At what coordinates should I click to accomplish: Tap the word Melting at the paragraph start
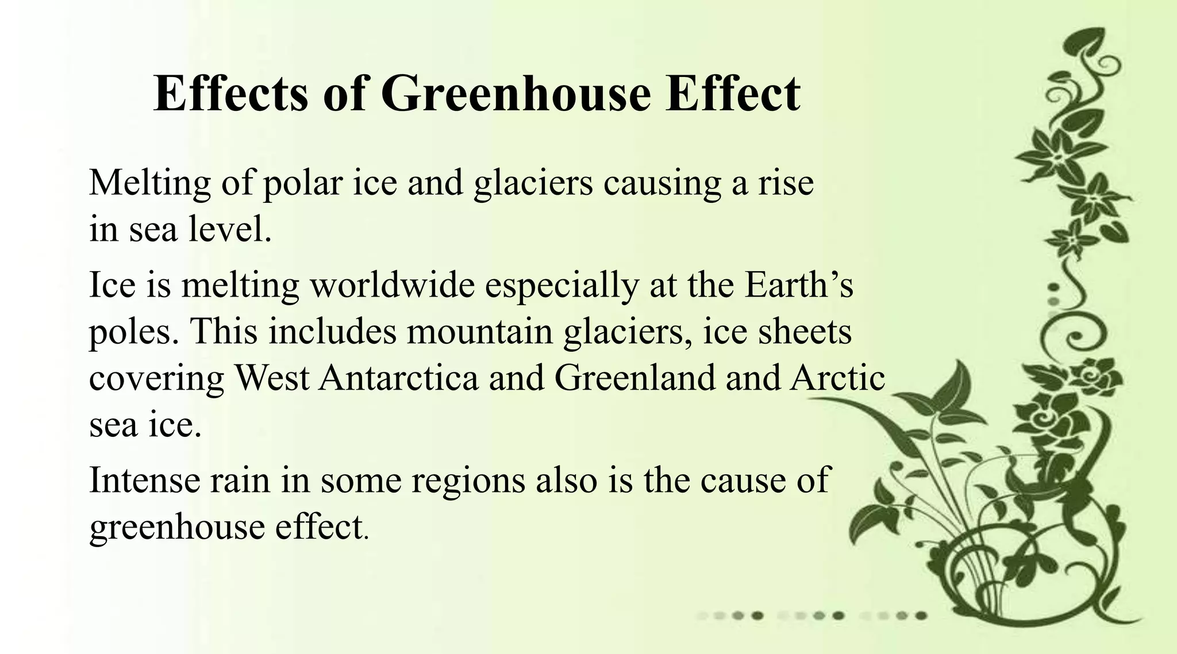[150, 184]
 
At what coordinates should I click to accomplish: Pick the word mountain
[480, 332]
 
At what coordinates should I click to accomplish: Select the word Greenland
[635, 378]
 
